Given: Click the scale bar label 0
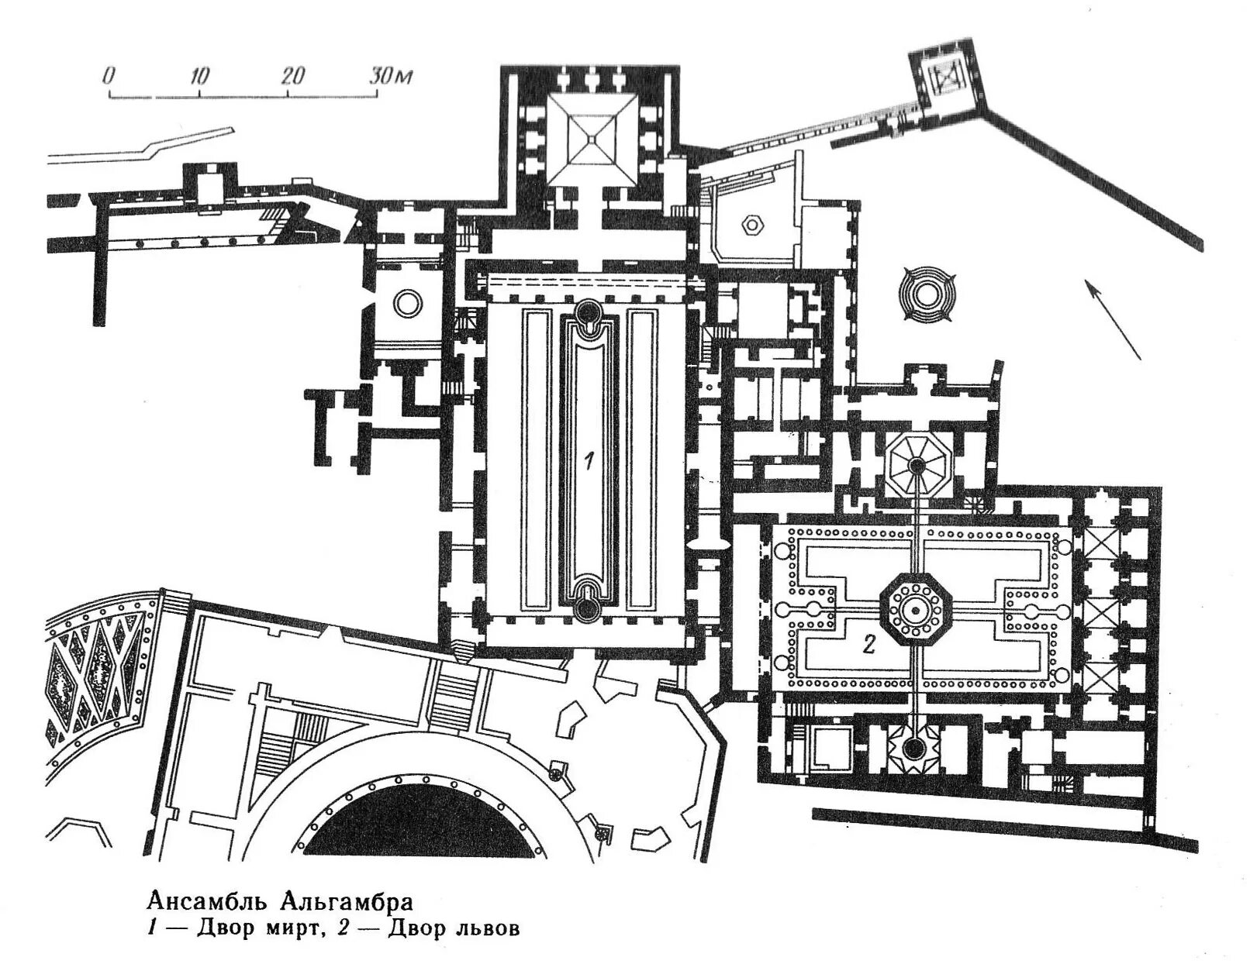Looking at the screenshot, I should click(109, 76).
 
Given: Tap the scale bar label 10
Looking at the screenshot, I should click(199, 76).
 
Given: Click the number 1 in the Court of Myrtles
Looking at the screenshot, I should click(589, 462).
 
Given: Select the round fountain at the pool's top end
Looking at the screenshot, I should click(588, 312).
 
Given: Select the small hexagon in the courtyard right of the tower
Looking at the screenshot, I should click(751, 226).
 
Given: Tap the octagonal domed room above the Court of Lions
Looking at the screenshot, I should click(917, 464).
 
